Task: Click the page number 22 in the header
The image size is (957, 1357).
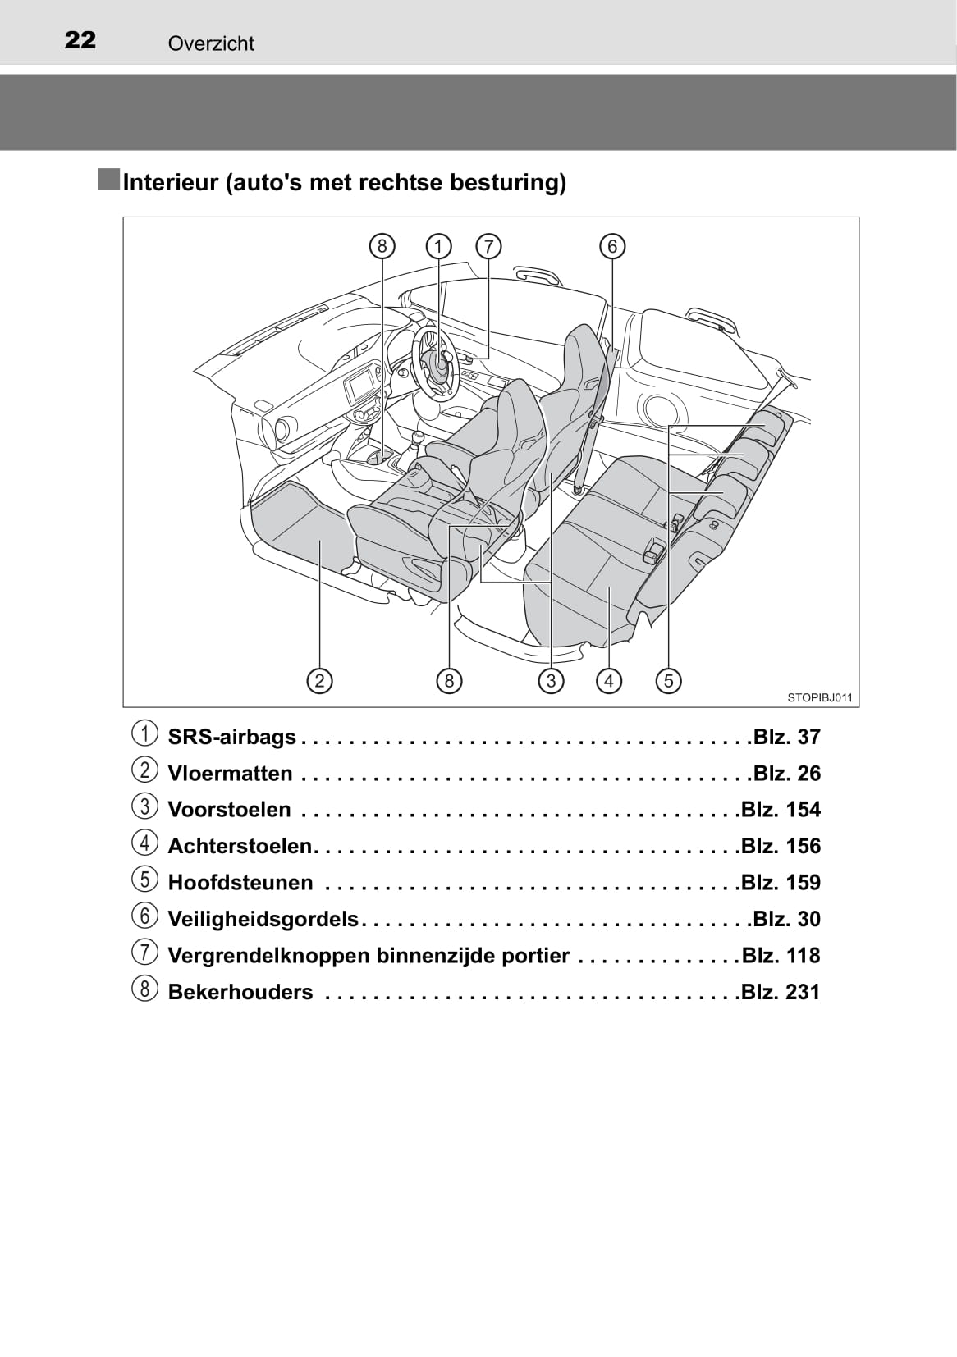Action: (x=80, y=40)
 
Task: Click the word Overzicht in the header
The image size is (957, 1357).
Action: (x=211, y=43)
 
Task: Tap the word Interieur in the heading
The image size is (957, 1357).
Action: (x=171, y=182)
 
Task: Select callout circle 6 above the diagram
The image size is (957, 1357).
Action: (x=612, y=247)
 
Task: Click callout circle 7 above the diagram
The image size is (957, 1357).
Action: (x=488, y=247)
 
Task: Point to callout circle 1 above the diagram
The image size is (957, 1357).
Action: (x=438, y=247)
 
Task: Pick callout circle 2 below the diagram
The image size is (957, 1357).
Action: (x=319, y=681)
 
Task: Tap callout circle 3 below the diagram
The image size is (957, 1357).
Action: (x=551, y=681)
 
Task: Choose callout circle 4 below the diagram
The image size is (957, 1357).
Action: (x=609, y=681)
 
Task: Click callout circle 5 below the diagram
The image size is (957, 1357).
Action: (x=669, y=681)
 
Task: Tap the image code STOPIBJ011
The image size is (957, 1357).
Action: (x=819, y=698)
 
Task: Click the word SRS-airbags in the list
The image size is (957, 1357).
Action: (x=232, y=738)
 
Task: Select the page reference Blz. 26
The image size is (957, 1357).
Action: (x=786, y=774)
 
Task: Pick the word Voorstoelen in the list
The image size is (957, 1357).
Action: (x=229, y=810)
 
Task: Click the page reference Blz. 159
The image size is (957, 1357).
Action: (x=781, y=883)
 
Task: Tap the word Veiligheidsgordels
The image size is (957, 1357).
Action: (x=263, y=920)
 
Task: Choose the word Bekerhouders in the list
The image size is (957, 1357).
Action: (x=240, y=992)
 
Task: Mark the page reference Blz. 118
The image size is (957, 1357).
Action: (x=781, y=956)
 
